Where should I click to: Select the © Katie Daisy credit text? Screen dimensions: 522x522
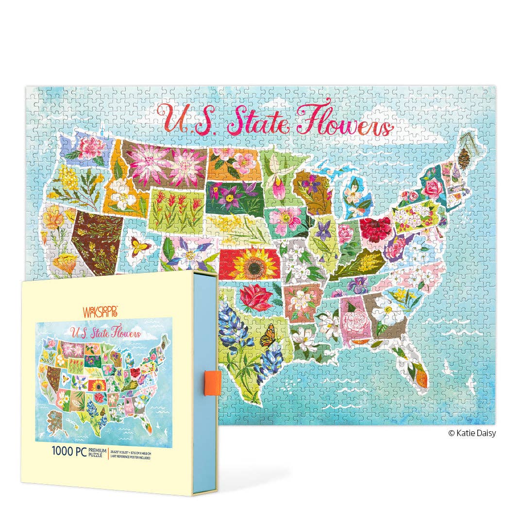click(472, 433)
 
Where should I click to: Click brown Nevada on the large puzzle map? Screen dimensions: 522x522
click(95, 241)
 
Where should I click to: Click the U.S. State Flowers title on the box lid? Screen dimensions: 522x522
click(106, 333)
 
